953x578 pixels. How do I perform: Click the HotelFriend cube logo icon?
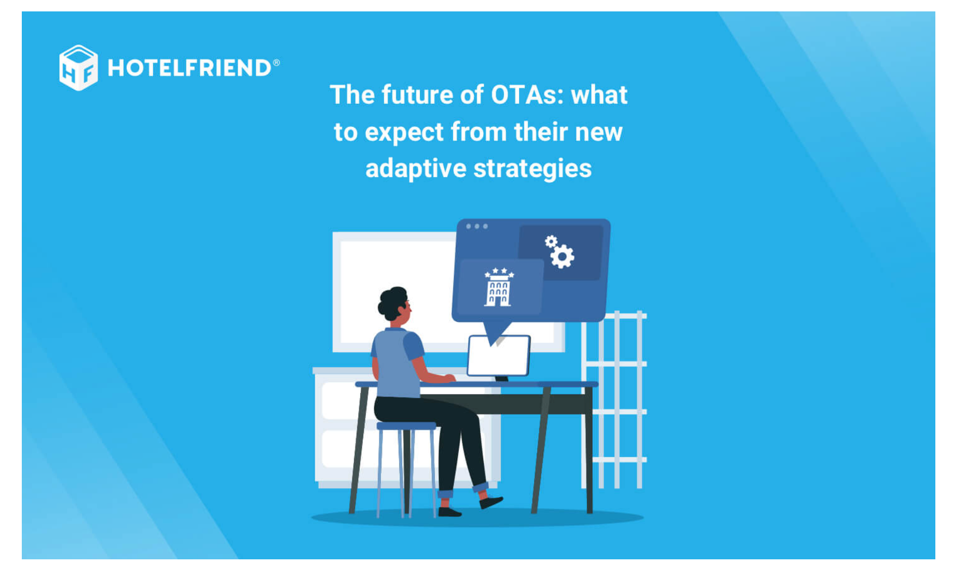click(x=78, y=67)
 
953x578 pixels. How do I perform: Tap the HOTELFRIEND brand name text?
click(x=190, y=68)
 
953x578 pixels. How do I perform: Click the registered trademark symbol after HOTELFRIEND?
click(x=277, y=62)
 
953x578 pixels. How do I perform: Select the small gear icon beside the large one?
click(x=551, y=241)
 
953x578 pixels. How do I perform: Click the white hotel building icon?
click(x=499, y=287)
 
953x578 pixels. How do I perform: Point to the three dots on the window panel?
click(x=477, y=226)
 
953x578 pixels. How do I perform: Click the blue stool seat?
click(x=406, y=425)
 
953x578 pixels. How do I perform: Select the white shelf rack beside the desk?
click(x=615, y=400)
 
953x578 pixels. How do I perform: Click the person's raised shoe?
click(x=491, y=502)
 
